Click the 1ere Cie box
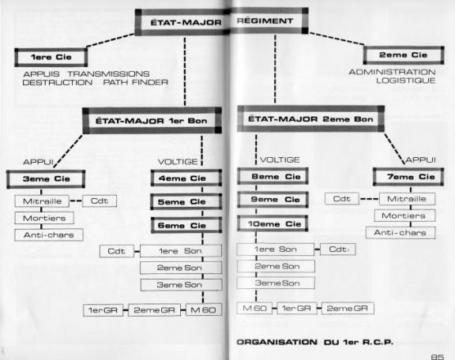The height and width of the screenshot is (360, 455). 51,57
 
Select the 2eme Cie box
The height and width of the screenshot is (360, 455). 404,55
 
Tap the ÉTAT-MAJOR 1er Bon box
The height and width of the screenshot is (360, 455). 152,121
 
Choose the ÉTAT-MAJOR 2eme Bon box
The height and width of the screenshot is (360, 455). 310,119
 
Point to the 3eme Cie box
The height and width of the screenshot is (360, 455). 46,179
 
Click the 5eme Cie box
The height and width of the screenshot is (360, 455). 186,201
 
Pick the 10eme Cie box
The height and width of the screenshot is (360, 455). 273,223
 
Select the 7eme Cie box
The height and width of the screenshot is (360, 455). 408,177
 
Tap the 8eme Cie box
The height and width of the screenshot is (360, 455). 273,176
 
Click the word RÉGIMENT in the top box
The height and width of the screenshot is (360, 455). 265,21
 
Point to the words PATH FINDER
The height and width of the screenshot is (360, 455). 136,82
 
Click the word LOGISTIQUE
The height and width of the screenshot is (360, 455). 406,81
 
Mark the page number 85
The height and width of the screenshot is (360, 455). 438,357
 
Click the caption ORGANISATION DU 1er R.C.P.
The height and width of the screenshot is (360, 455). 315,342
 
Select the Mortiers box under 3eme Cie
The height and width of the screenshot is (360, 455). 44,218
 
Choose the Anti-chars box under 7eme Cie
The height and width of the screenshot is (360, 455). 400,233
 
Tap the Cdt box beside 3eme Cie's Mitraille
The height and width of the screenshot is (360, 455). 100,201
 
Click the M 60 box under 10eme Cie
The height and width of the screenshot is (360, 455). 254,308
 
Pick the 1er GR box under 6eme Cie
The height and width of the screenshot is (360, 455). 103,310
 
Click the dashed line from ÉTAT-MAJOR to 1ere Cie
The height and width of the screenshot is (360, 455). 111,40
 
